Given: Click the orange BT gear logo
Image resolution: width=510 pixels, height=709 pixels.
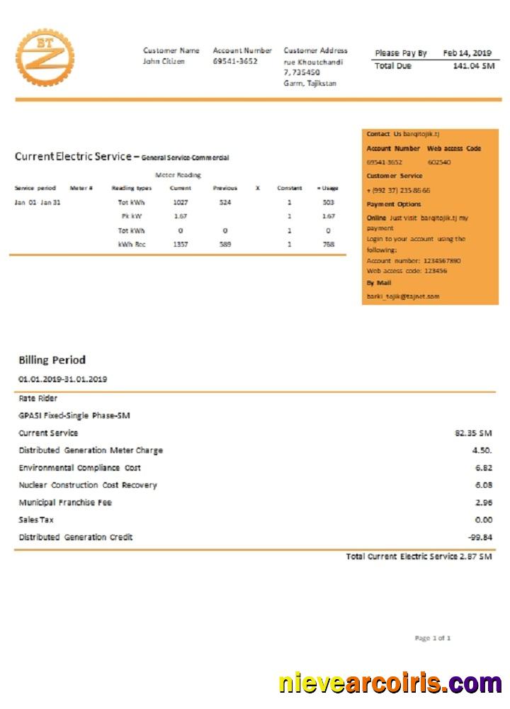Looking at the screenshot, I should point(45,57).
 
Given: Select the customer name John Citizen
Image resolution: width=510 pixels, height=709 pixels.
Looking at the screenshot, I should point(164,62).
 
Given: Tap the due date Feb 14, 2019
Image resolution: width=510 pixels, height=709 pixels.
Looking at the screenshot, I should point(467,53).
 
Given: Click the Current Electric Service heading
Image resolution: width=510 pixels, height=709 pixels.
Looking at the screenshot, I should point(73,157).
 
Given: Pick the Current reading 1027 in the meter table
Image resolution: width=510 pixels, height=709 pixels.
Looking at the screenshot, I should point(181,202).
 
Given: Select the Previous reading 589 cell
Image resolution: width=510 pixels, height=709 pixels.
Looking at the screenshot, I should point(225,244).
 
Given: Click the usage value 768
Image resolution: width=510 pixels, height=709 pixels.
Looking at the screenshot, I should point(328,244).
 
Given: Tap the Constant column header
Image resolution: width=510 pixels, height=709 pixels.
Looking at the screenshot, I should point(289,188).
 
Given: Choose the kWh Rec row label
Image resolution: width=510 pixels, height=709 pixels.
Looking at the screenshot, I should point(132,244).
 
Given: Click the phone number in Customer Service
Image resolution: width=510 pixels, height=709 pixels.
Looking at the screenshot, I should point(398,190).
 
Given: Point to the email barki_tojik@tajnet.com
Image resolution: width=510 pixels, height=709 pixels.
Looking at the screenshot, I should point(403,296).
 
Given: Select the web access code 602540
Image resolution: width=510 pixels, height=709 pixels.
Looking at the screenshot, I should point(439,162).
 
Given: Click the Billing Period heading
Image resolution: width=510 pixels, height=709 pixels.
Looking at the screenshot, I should point(52,359).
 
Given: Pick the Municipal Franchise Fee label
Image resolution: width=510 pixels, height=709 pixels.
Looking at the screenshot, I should point(65,503).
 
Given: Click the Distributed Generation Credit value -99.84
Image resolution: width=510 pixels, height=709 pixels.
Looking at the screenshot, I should point(480,537).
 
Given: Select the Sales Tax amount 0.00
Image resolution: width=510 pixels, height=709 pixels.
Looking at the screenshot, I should point(483,520).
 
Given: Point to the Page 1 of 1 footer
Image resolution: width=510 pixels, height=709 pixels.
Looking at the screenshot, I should point(432,638).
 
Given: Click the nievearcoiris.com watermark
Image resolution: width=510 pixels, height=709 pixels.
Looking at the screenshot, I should point(390,683).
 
